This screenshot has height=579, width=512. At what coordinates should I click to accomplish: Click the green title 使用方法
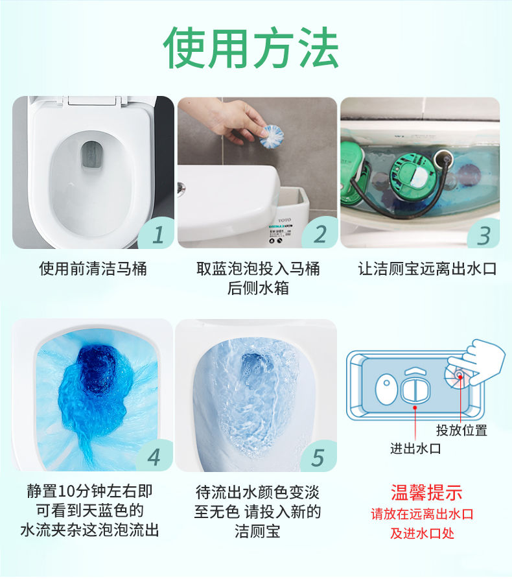click(251, 48)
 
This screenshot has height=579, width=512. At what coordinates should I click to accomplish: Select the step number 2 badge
click(320, 234)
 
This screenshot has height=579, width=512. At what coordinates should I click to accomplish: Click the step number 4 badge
click(155, 456)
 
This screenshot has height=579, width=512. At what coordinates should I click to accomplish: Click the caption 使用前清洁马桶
click(93, 269)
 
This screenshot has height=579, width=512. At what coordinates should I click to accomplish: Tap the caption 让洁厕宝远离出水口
click(428, 269)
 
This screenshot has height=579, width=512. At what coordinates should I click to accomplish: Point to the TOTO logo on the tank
click(285, 220)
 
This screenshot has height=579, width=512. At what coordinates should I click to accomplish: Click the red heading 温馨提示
click(426, 493)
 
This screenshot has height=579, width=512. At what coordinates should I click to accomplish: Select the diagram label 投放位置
click(462, 430)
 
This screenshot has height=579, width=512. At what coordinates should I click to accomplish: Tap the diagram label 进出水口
click(415, 449)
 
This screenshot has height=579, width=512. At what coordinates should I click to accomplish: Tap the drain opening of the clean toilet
click(91, 155)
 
